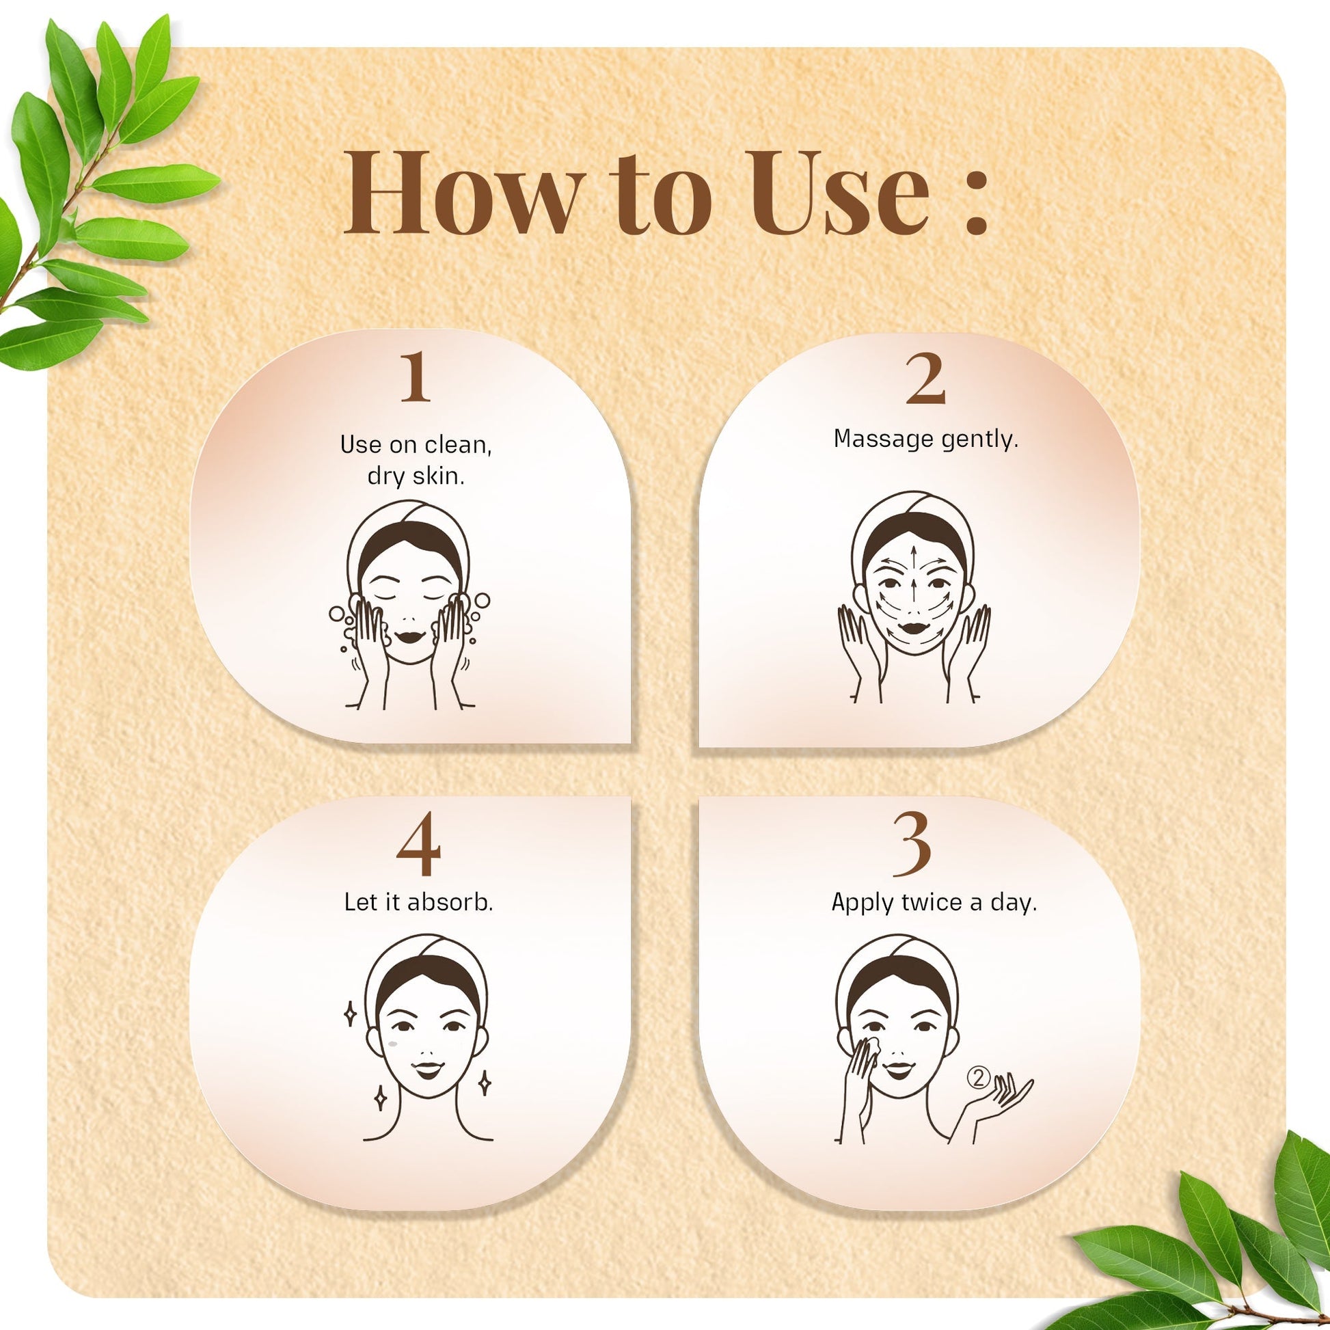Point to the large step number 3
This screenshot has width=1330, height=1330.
[x=913, y=845]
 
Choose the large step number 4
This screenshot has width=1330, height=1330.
[x=418, y=845]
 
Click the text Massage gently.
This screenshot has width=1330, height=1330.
[x=925, y=439]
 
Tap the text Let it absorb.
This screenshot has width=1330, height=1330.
[x=418, y=901]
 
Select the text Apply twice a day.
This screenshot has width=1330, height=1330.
[x=934, y=901]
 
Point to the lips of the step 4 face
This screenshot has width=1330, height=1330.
[x=426, y=1070]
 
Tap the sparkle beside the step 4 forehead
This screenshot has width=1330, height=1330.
[x=350, y=1014]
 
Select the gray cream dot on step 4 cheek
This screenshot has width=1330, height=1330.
[x=394, y=1044]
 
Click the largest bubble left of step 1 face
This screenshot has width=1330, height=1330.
[x=338, y=612]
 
